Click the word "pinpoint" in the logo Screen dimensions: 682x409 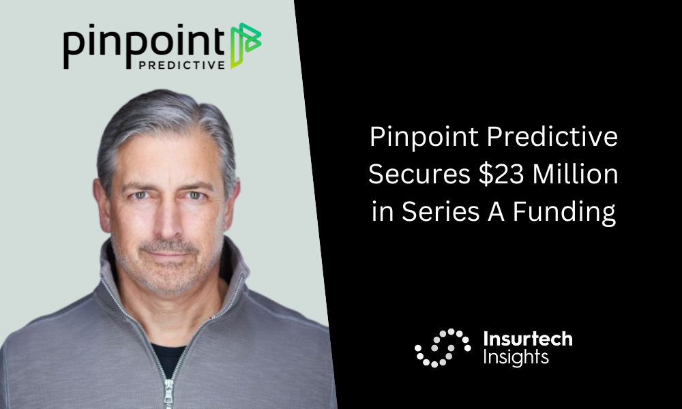tap(144, 45)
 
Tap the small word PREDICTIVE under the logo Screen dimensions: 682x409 tap(182, 65)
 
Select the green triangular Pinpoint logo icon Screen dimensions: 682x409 tap(246, 45)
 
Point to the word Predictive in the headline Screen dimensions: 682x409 tap(552, 137)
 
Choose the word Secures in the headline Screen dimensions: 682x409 tap(419, 175)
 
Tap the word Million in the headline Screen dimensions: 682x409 tap(576, 175)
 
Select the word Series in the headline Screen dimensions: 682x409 tap(441, 212)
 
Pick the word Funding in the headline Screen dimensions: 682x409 tap(565, 213)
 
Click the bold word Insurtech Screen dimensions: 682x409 tap(528, 339)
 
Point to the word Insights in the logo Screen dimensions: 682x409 tap(516, 357)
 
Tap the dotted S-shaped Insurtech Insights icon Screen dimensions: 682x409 tap(443, 348)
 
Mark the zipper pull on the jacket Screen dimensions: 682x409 tap(168, 394)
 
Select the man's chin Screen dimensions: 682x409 tap(168, 278)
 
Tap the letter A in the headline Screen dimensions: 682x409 tap(496, 212)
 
